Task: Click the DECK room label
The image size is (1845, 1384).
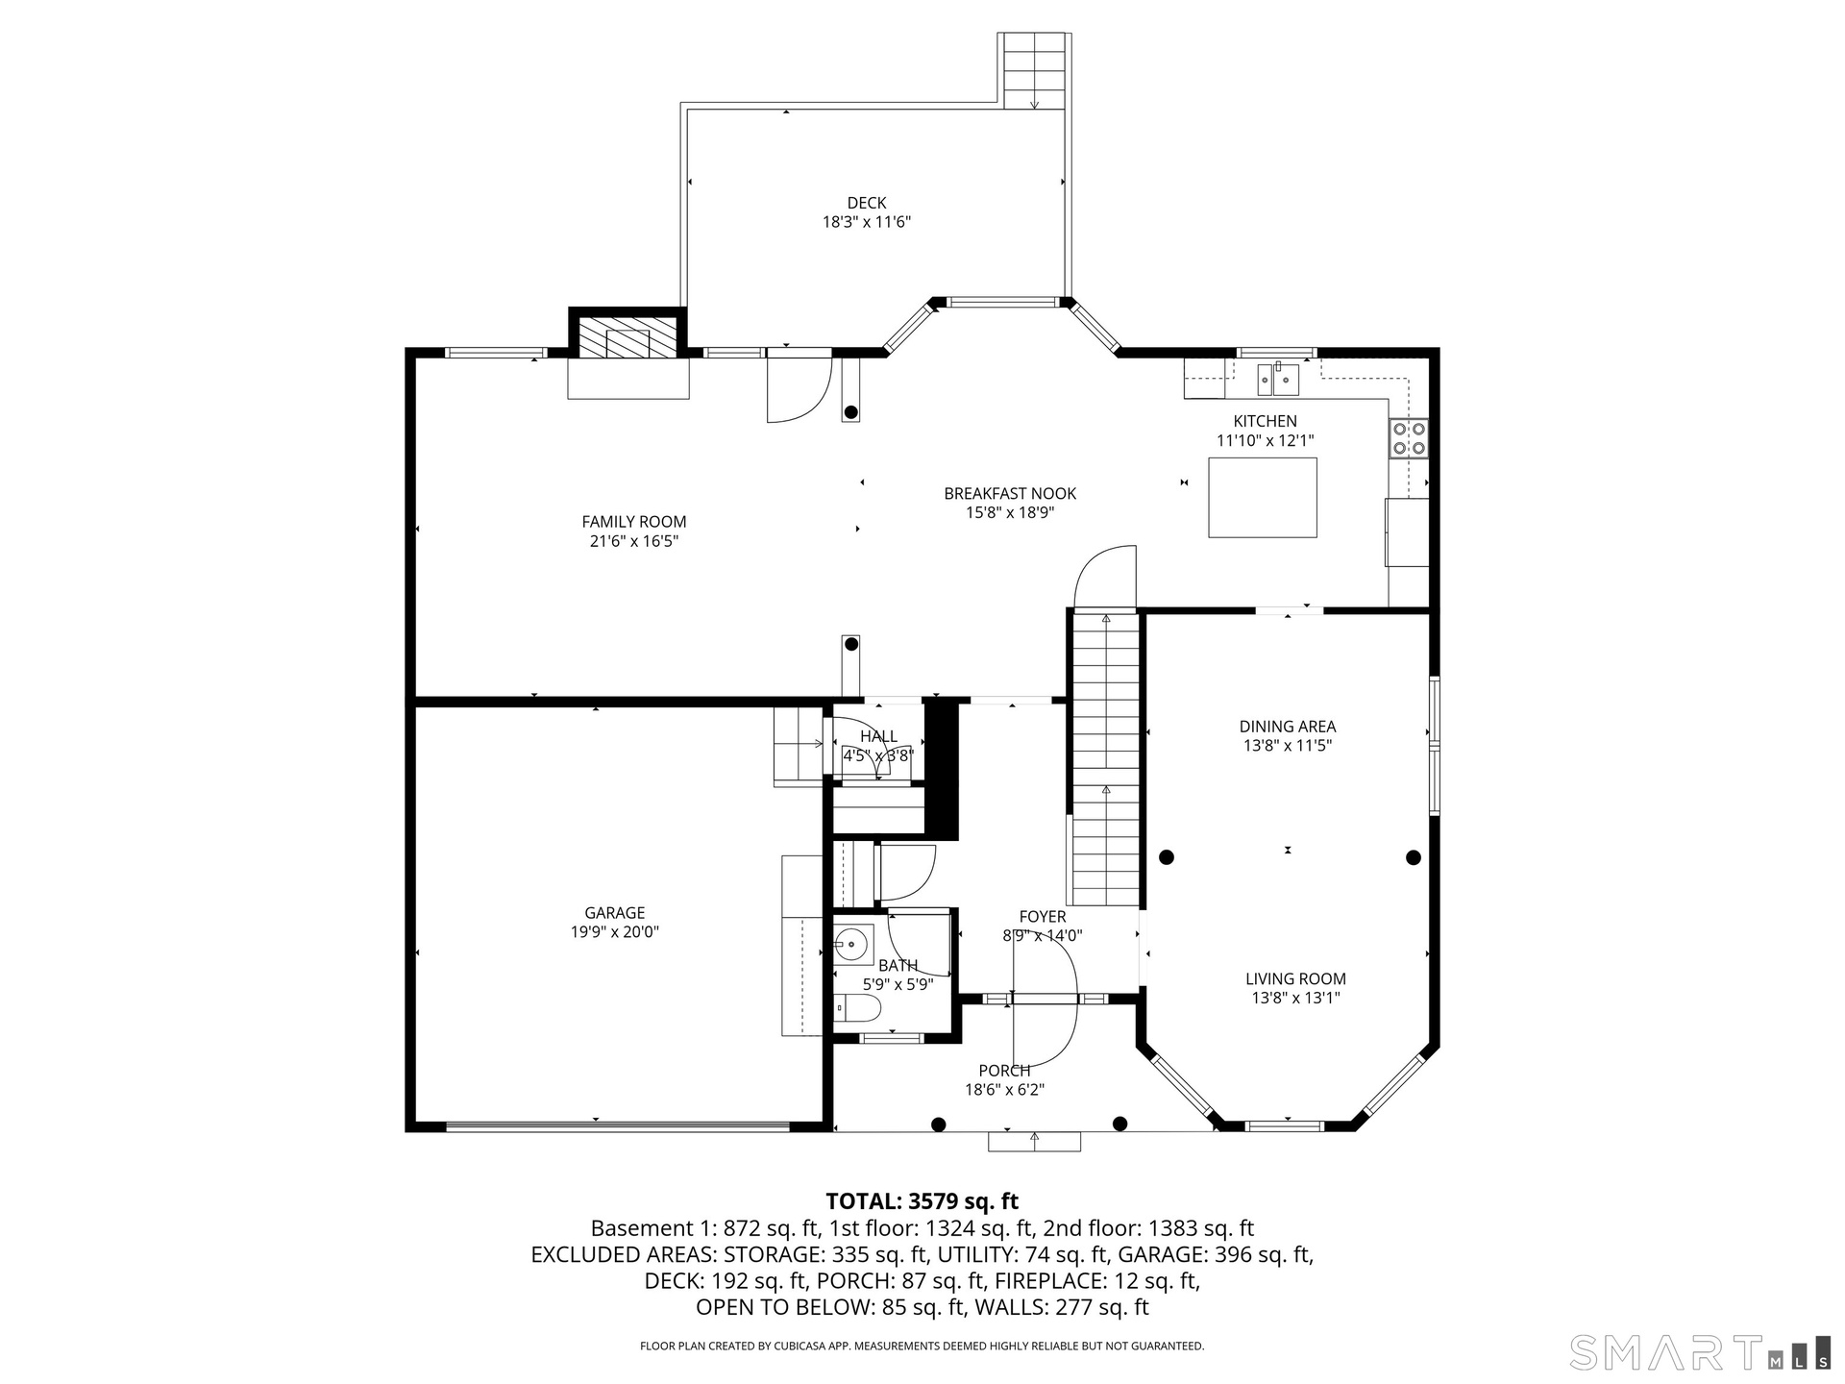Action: tap(867, 203)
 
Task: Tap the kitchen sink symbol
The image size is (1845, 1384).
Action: tap(1278, 379)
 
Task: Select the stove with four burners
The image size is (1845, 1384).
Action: tap(1408, 438)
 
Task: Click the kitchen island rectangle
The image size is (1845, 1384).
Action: tap(1263, 498)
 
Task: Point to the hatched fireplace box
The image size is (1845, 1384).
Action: tap(628, 338)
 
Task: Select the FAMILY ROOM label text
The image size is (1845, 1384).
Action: tap(634, 522)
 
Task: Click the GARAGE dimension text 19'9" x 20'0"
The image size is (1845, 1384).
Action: tap(615, 932)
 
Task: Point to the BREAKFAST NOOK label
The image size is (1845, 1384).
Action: tap(1010, 494)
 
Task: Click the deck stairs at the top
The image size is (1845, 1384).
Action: tap(1034, 70)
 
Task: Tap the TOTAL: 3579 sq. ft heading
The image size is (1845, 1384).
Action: tap(922, 1201)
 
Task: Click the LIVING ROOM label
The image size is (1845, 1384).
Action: tap(1295, 979)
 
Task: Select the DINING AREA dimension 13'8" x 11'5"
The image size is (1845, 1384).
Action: tap(1288, 746)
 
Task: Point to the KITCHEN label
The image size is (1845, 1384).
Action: tap(1266, 421)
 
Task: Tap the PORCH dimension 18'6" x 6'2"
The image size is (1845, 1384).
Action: tap(1005, 1090)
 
